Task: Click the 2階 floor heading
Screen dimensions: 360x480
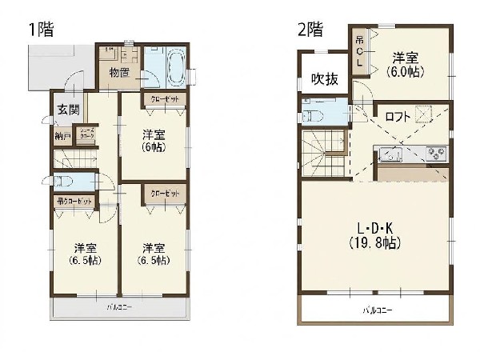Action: [310, 30]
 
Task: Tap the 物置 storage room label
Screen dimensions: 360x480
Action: [120, 74]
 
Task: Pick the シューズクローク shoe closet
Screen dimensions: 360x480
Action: [86, 136]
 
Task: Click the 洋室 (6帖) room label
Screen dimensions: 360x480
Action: [154, 141]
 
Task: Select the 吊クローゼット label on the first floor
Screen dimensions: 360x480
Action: [74, 201]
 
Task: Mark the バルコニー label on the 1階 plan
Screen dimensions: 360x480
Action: [120, 307]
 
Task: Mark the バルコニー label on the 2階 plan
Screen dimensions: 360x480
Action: [376, 310]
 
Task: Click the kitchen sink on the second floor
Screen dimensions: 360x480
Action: [391, 154]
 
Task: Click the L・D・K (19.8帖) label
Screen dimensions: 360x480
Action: [373, 235]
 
